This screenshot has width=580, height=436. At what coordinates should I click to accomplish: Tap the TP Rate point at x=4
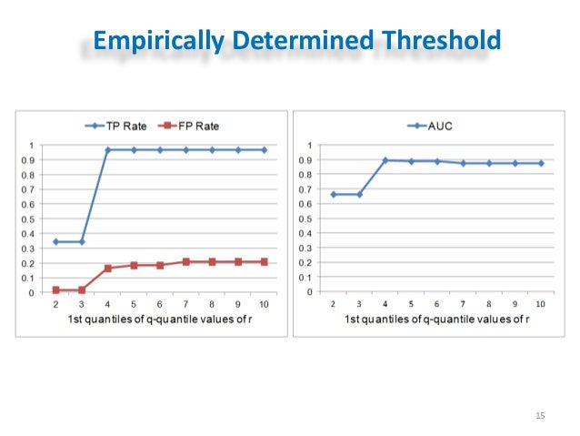coord(108,149)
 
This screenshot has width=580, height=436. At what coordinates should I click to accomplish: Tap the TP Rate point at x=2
coord(55,241)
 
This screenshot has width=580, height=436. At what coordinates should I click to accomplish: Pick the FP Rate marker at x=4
coord(108,269)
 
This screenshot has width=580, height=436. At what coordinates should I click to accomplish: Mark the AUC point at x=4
coord(385,160)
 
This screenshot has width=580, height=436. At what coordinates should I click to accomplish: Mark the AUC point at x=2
coord(333,194)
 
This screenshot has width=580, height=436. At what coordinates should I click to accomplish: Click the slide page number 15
coord(539,416)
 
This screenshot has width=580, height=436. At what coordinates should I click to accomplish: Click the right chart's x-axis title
coord(436,319)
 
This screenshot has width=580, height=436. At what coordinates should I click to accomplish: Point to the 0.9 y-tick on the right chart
coord(311,160)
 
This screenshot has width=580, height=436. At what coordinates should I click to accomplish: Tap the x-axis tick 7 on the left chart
coord(186,304)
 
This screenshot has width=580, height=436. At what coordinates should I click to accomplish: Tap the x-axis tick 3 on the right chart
coord(359,304)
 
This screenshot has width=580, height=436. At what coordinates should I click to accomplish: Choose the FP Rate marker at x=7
coord(186,261)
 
